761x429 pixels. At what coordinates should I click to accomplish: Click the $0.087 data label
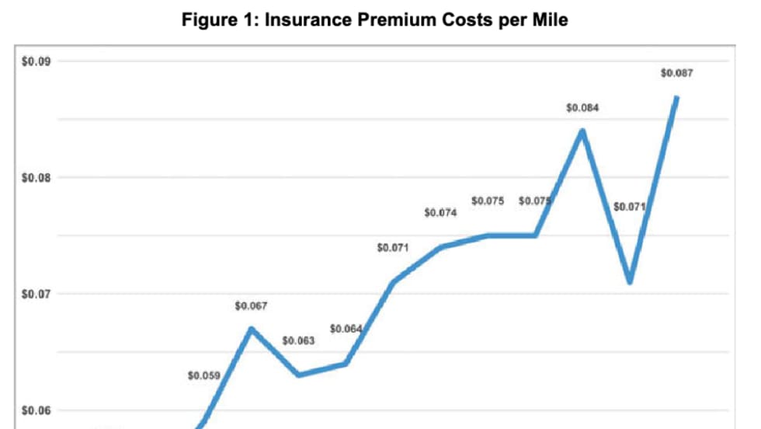point(676,73)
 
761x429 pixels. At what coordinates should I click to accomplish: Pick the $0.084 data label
point(582,108)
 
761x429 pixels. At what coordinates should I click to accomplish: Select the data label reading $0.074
point(440,212)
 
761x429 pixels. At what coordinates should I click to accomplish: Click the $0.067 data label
point(251,306)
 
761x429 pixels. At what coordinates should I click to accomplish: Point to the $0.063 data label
point(298,340)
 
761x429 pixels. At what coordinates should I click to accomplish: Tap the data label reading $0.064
point(346,330)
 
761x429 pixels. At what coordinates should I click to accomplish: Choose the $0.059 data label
point(204,375)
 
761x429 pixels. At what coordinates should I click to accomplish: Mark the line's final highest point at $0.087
point(677,97)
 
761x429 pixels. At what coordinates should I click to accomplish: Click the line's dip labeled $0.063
point(298,375)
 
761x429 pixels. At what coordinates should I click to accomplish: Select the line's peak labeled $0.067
point(251,328)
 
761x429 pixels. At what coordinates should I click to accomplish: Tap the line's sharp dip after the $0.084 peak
point(630,282)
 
